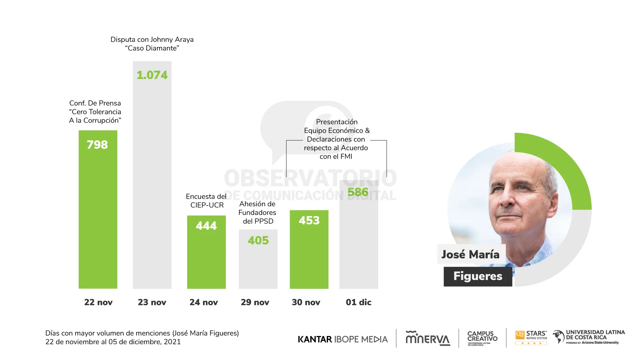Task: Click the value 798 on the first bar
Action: point(97,145)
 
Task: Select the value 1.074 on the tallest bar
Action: point(152,75)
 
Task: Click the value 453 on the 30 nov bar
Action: point(309,220)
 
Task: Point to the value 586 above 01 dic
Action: point(358,192)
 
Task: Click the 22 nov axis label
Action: point(98,302)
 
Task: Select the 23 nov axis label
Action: point(152,302)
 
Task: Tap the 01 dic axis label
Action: point(359,302)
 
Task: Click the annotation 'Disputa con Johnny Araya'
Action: point(152,40)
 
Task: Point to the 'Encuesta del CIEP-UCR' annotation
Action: point(206,201)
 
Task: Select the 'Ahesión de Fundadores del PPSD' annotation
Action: point(258,213)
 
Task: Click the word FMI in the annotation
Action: point(346,157)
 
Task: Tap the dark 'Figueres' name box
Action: point(478,276)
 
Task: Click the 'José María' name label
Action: point(470,254)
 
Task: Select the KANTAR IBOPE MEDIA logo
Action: point(343,339)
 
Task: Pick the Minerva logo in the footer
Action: point(428,338)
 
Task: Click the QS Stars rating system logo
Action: point(531,338)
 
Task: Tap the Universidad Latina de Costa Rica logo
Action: point(589,337)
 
